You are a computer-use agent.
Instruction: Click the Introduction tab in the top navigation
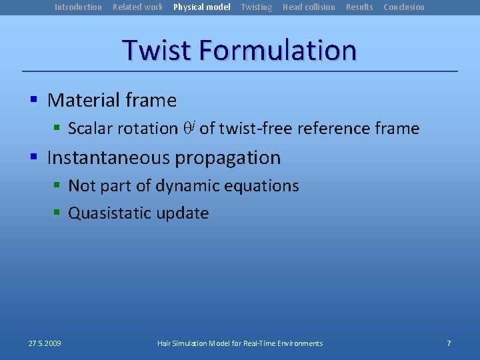click(78, 7)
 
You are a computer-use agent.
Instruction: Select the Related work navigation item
click(137, 7)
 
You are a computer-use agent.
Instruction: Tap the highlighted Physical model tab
click(201, 7)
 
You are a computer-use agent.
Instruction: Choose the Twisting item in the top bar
click(256, 7)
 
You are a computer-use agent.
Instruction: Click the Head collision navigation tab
click(309, 7)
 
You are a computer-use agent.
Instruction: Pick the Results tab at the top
click(359, 7)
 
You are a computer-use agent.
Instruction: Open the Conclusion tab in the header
click(403, 7)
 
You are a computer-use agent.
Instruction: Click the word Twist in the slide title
click(157, 51)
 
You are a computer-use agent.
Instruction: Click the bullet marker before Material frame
click(33, 101)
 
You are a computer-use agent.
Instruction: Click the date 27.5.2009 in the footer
click(45, 343)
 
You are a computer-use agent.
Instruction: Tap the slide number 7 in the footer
click(449, 343)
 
